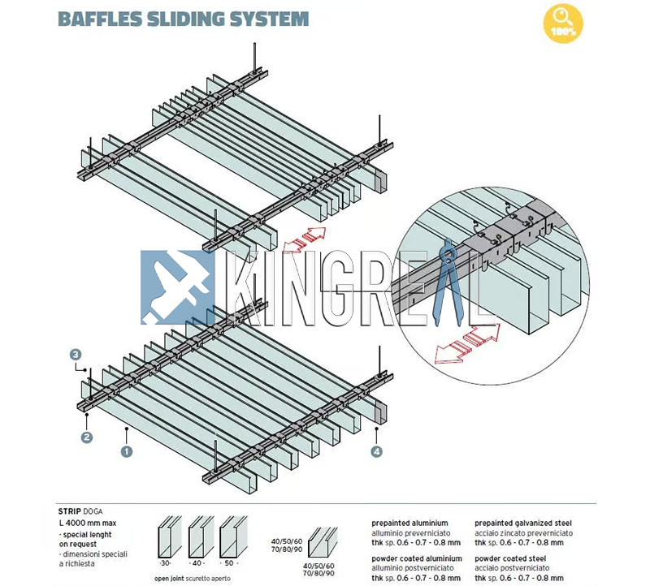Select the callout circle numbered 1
127,449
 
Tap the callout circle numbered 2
87,437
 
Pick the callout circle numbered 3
76,355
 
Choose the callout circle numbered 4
377,451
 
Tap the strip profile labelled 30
167,536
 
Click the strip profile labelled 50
231,536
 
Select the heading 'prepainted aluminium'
409,524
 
